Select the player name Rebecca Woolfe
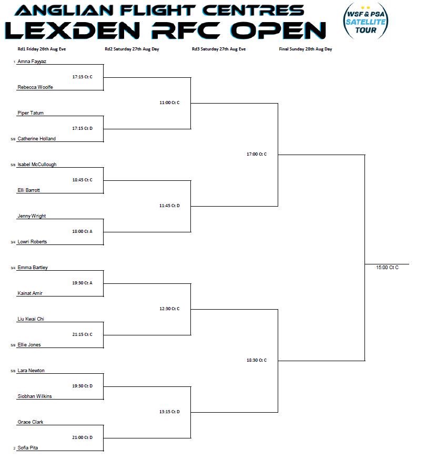(x=35, y=87)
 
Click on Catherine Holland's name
(x=36, y=139)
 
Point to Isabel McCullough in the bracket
(x=37, y=165)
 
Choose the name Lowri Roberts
(x=32, y=242)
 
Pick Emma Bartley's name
(x=33, y=268)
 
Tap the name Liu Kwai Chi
(x=31, y=319)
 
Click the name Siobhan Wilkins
(x=35, y=396)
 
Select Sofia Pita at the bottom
(x=28, y=448)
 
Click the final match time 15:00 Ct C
(x=387, y=268)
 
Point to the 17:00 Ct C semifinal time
(x=257, y=154)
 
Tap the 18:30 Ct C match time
(x=257, y=360)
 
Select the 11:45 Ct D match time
(x=169, y=206)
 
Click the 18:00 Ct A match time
(x=82, y=231)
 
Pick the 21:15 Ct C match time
(x=82, y=334)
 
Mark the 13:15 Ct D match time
(x=169, y=412)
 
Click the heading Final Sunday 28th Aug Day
(x=305, y=49)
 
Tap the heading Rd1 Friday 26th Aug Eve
(x=42, y=49)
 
